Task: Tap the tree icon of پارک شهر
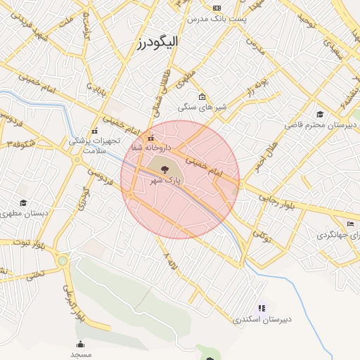(165, 169)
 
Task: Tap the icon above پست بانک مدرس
(217, 7)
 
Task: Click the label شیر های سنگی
(202, 107)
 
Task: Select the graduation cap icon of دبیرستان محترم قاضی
(320, 114)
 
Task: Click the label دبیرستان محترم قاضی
(321, 124)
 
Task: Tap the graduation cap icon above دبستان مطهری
(23, 203)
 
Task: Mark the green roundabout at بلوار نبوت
(63, 262)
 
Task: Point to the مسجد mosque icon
(80, 344)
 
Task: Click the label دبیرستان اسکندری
(262, 319)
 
